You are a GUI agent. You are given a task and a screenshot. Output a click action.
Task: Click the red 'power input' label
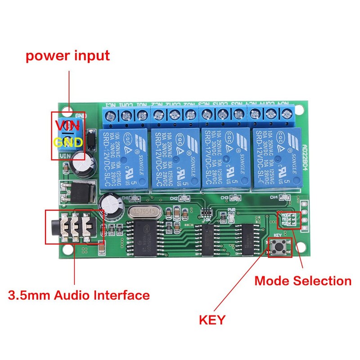pyautogui.click(x=67, y=56)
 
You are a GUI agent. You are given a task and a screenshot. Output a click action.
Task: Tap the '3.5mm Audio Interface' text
pyautogui.click(x=79, y=295)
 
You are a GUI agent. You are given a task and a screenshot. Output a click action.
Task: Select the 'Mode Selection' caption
pyautogui.click(x=302, y=281)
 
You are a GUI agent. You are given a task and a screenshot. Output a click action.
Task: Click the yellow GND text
pyautogui.click(x=68, y=143)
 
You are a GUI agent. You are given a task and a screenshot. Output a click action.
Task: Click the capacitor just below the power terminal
pyautogui.click(x=83, y=162)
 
